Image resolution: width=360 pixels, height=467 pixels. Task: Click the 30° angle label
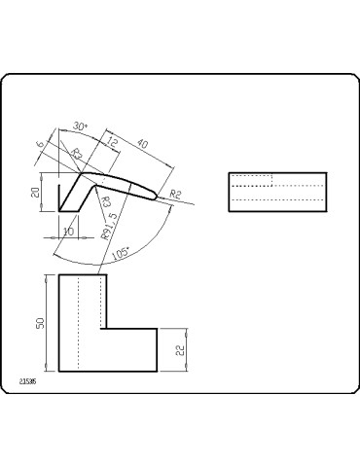[80, 126]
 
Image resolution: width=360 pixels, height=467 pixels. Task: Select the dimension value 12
[113, 144]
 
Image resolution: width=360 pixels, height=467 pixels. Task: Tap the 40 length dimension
[144, 145]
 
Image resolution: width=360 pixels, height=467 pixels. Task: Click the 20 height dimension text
[35, 193]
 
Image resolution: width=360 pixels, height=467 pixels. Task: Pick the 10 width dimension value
[68, 230]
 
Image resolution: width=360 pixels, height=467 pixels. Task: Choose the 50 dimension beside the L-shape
[41, 323]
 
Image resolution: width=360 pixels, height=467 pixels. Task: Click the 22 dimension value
[180, 350]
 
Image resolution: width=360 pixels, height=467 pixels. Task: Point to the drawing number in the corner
[27, 383]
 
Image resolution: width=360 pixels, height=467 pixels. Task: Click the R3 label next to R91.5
[105, 201]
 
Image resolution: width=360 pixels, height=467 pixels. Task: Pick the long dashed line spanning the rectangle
[275, 198]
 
